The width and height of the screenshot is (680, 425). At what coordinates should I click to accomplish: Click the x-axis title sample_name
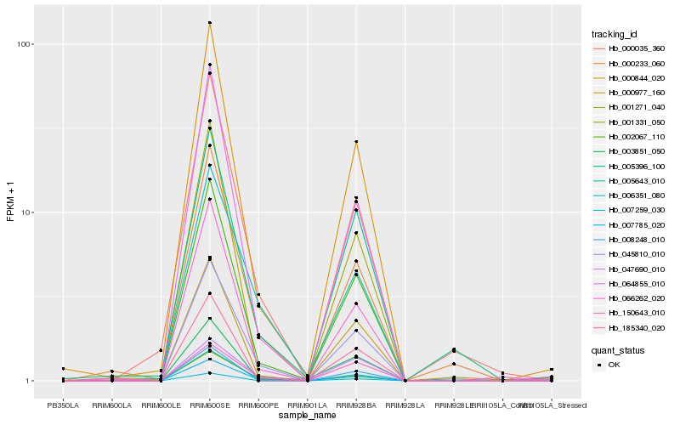point(307,416)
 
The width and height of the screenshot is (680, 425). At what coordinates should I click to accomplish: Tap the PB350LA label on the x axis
point(63,405)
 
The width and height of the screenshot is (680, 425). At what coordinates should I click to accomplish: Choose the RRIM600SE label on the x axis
point(209,405)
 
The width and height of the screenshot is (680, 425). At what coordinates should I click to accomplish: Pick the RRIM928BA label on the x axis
point(356,405)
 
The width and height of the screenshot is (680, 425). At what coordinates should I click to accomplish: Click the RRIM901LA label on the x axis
point(307,405)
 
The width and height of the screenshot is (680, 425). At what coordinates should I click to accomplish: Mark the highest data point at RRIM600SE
point(209,23)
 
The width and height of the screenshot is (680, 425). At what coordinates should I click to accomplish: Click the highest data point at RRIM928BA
point(356,141)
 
